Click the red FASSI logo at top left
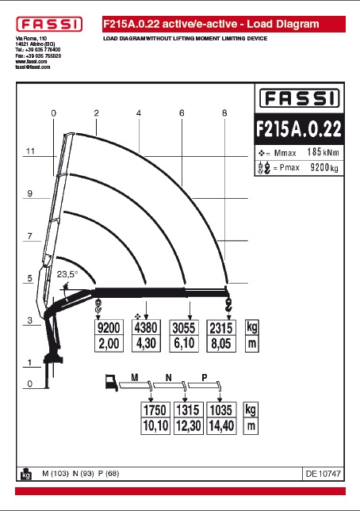pyautogui.click(x=49, y=25)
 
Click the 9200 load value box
pyautogui.click(x=109, y=327)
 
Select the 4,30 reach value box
pyautogui.click(x=146, y=344)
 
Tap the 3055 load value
pyautogui.click(x=184, y=328)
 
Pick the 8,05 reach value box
pyautogui.click(x=221, y=344)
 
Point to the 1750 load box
pyautogui.click(x=155, y=410)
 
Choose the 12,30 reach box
pyautogui.click(x=188, y=426)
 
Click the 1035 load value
pyautogui.click(x=221, y=410)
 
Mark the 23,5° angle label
pyautogui.click(x=67, y=274)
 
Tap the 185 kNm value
pyautogui.click(x=323, y=152)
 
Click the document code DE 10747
pyautogui.click(x=324, y=474)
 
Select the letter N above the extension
pyautogui.click(x=169, y=378)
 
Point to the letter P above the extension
pyautogui.click(x=205, y=378)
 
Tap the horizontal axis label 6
pyautogui.click(x=182, y=113)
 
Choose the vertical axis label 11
pyautogui.click(x=30, y=151)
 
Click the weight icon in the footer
pyautogui.click(x=25, y=474)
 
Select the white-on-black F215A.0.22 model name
pyautogui.click(x=299, y=128)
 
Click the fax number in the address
pyautogui.click(x=38, y=55)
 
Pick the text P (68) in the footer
pyautogui.click(x=109, y=473)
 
